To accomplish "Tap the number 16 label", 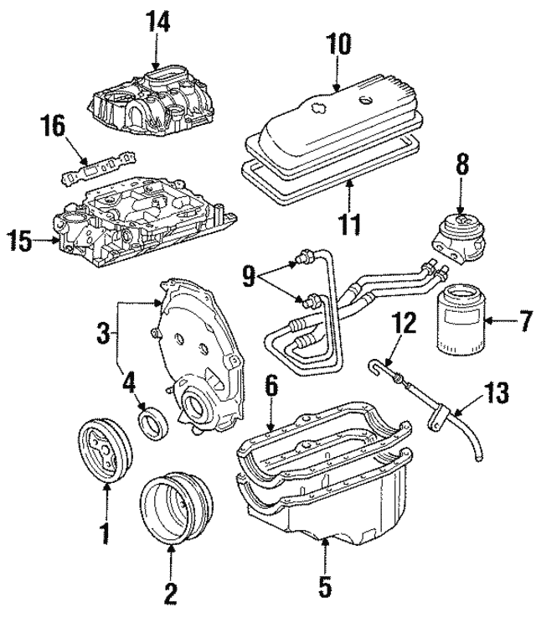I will pyautogui.click(x=54, y=127).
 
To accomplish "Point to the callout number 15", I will pyautogui.click(x=19, y=242).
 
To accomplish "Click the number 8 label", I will pyautogui.click(x=462, y=164).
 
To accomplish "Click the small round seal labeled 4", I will pyautogui.click(x=153, y=421).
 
